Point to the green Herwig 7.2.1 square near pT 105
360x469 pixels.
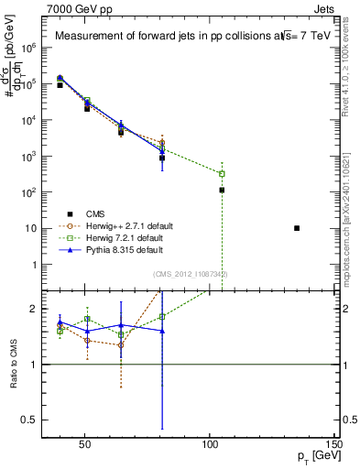pos(222,173)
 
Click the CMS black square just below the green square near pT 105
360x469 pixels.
pos(222,190)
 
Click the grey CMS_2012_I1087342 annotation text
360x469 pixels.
pos(190,274)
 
